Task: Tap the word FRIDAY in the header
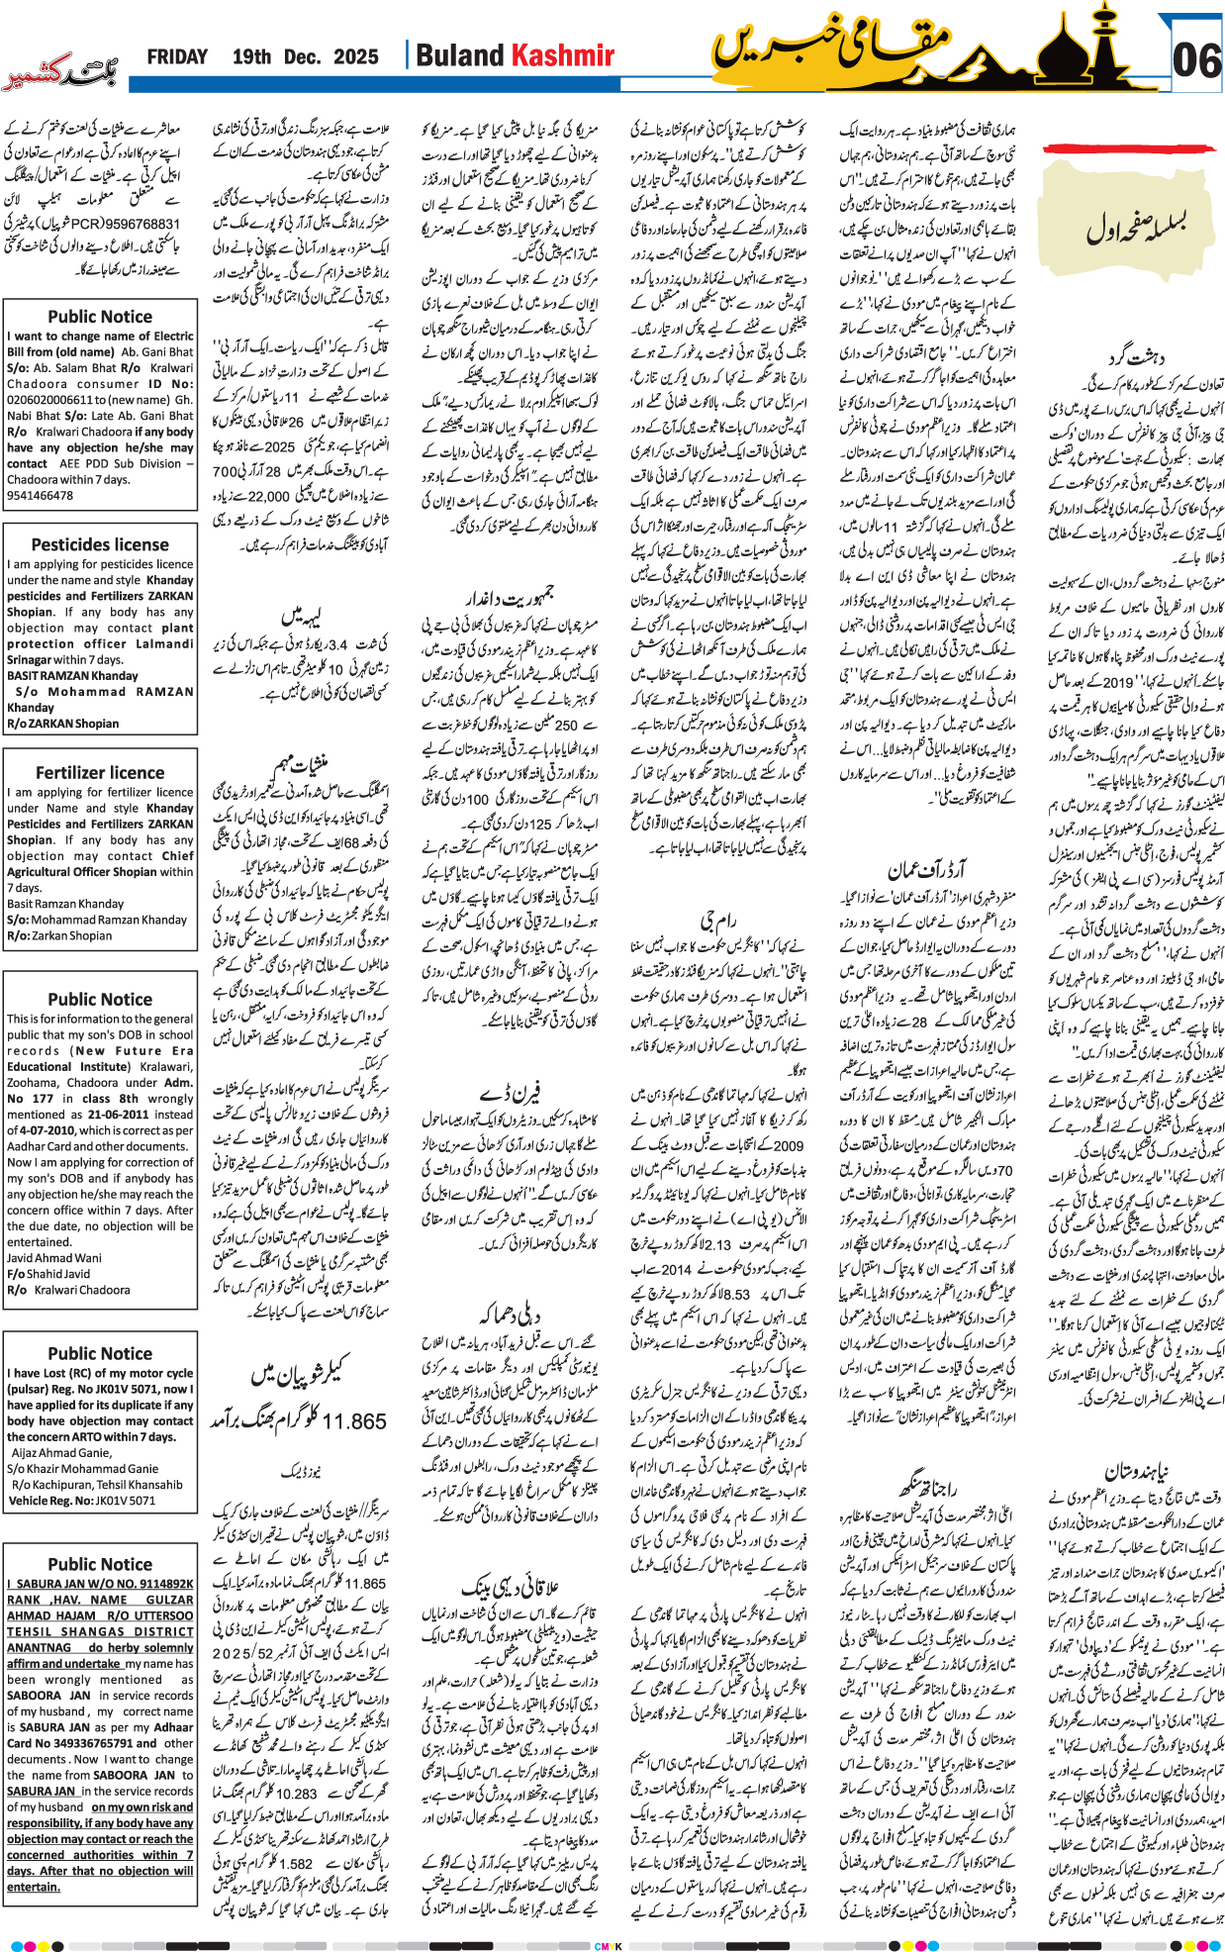coord(177,56)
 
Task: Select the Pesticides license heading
coord(100,544)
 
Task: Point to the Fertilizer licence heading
coord(100,772)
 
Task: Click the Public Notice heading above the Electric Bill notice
coord(100,317)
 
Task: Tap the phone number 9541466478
coord(40,495)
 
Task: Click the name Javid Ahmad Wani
coord(53,1258)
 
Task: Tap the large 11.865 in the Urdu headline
coord(353,1421)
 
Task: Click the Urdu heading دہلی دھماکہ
coord(510,1315)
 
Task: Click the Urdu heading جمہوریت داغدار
coord(510,597)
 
